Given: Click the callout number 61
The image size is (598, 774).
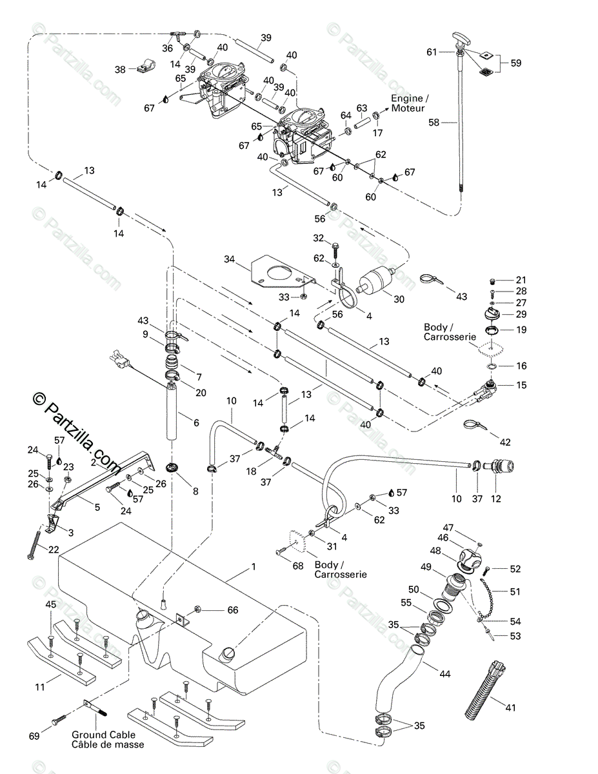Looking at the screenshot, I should [432, 52].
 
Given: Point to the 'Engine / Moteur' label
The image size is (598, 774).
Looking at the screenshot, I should [410, 103].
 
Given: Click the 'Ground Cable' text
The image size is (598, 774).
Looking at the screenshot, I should [103, 735].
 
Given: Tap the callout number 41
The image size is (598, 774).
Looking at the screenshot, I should [510, 708].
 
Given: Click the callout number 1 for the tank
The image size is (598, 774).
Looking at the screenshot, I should [254, 567].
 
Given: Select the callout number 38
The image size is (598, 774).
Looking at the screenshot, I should [120, 70].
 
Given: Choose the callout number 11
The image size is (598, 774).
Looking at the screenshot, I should [40, 688].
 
